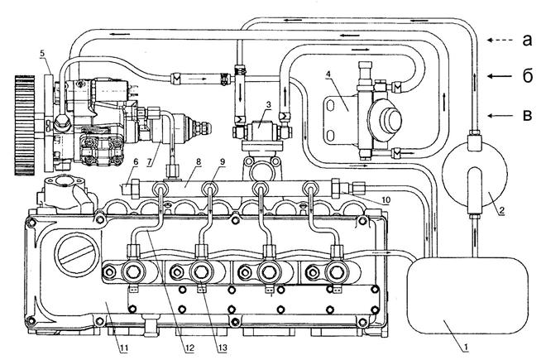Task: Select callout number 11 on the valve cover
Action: (x=123, y=346)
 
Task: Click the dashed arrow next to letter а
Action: (x=500, y=38)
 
